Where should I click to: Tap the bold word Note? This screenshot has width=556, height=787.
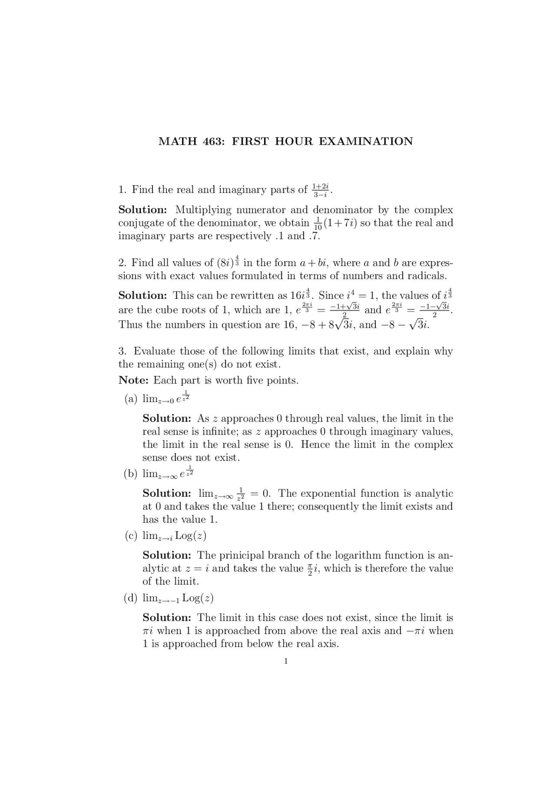[133, 380]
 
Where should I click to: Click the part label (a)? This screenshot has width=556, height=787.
[131, 399]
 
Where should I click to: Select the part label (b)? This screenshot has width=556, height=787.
[131, 474]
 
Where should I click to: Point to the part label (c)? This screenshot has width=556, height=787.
[131, 536]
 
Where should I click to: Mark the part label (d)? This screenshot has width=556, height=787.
[131, 598]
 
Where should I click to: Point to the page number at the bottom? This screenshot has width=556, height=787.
[285, 661]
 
